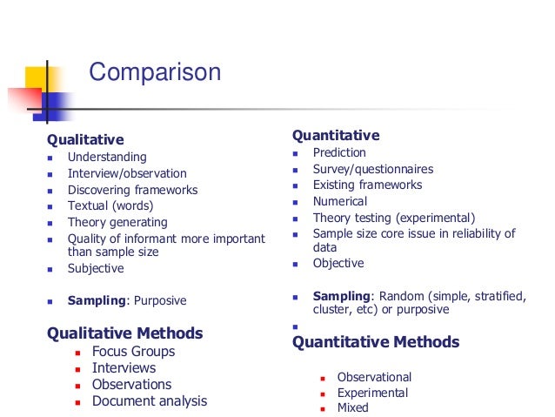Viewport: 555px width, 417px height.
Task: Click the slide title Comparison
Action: click(x=155, y=71)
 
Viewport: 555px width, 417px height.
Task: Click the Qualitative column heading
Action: click(x=85, y=139)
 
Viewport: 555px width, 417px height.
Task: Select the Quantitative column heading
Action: click(x=336, y=135)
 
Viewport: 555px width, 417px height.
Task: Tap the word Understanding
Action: click(x=107, y=158)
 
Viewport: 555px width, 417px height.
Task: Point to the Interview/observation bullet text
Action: click(x=127, y=173)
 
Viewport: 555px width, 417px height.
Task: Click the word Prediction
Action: click(x=339, y=152)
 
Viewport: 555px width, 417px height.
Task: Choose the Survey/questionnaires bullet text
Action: click(x=372, y=169)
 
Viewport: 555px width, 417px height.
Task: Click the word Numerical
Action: click(x=341, y=201)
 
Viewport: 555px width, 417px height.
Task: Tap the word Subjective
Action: click(x=96, y=269)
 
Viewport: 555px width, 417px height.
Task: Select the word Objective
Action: click(x=338, y=263)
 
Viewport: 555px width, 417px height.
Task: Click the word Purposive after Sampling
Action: click(x=159, y=301)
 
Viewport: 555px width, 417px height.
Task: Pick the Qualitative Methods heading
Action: click(x=124, y=333)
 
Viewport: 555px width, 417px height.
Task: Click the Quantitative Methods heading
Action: click(x=376, y=342)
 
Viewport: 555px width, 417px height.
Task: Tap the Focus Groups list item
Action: click(x=133, y=352)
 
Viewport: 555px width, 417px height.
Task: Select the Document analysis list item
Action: click(x=150, y=401)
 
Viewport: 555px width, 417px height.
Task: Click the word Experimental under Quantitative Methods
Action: click(x=372, y=393)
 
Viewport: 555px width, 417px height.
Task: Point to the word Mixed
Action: click(x=352, y=407)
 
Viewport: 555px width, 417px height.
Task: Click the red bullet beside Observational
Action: click(x=322, y=378)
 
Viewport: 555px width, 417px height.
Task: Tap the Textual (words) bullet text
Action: click(x=110, y=206)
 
